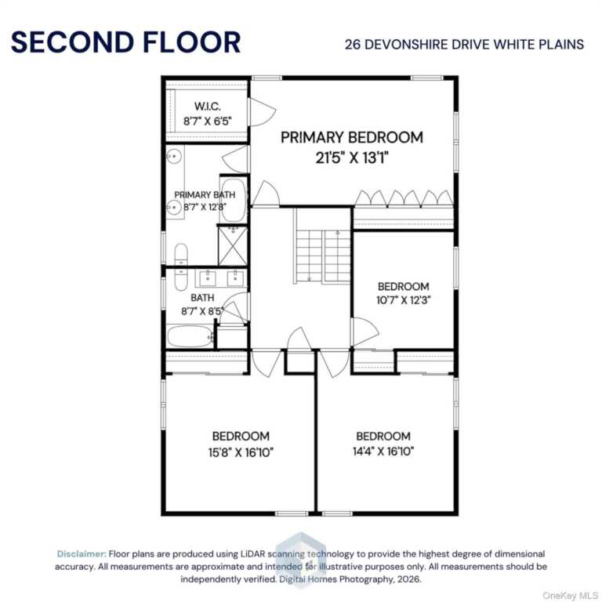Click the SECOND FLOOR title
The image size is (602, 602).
click(126, 42)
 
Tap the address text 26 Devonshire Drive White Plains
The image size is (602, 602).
click(464, 45)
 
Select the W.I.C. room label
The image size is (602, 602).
click(207, 107)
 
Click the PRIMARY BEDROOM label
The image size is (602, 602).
click(352, 137)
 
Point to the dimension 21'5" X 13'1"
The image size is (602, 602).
click(352, 158)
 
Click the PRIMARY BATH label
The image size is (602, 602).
click(205, 194)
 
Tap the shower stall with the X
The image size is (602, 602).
click(233, 245)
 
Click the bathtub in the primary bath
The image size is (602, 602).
click(233, 200)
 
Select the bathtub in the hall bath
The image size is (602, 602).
click(190, 336)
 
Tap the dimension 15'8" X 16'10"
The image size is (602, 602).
click(241, 452)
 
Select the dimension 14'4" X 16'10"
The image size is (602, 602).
click(383, 451)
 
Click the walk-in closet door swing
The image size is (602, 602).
click(262, 112)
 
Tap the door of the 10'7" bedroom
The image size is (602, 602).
click(364, 332)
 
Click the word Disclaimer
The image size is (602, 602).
click(82, 554)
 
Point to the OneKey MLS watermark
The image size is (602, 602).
click(570, 595)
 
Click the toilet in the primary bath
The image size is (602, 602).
click(181, 254)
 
